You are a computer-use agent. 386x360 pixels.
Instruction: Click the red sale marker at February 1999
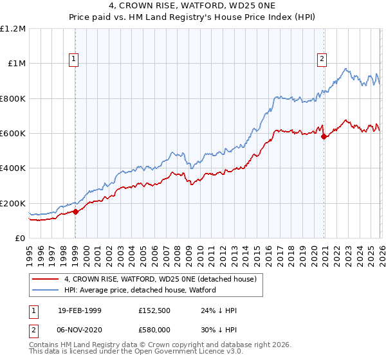pyautogui.click(x=75, y=212)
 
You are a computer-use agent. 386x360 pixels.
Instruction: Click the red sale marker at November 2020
pyautogui.click(x=324, y=137)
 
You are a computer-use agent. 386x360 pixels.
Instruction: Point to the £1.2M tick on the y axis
pyautogui.click(x=12, y=29)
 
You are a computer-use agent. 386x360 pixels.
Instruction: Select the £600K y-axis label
pyautogui.click(x=12, y=134)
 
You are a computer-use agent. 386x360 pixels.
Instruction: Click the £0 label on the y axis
pyautogui.click(x=19, y=239)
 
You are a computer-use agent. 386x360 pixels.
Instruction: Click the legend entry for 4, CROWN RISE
pyautogui.click(x=160, y=279)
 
